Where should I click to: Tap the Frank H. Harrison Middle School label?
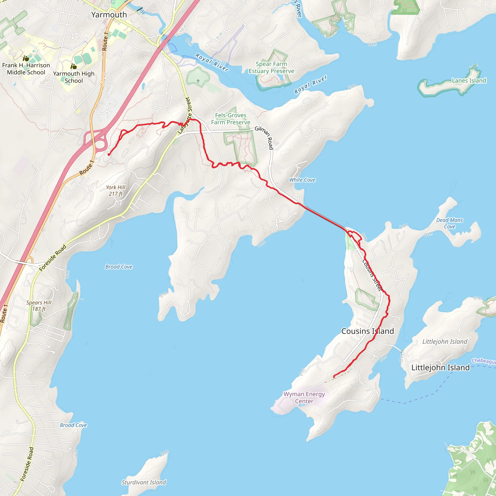click(26, 69)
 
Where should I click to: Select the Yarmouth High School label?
click(74, 77)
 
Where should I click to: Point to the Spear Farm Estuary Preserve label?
click(271, 68)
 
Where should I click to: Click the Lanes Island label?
click(469, 81)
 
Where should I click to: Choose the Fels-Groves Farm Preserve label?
click(231, 119)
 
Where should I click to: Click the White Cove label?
click(302, 180)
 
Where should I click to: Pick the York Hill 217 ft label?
click(116, 191)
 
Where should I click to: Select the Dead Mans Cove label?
click(449, 223)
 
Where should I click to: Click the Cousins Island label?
click(367, 331)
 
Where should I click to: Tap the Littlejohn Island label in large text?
click(440, 368)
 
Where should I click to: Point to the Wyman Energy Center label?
click(304, 397)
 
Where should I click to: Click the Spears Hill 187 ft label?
click(39, 306)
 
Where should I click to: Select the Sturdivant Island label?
click(144, 482)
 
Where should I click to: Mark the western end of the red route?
click(109, 155)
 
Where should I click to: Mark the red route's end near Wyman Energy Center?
click(334, 377)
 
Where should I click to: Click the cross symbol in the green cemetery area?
click(198, 81)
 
